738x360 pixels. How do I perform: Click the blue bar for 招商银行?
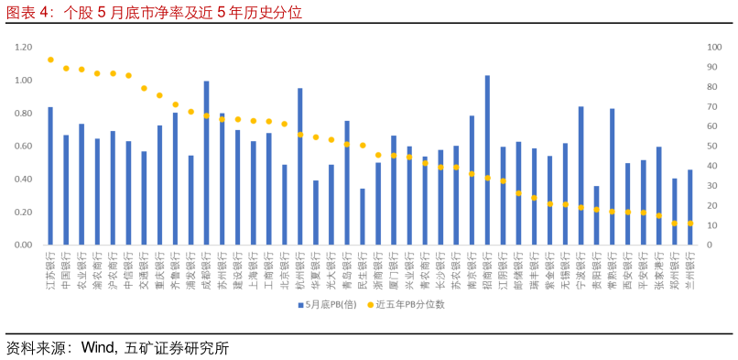(x=487, y=160)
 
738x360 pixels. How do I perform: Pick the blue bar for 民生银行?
(x=363, y=217)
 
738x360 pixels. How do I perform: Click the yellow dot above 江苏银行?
(x=50, y=60)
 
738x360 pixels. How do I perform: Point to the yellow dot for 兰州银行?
(x=689, y=224)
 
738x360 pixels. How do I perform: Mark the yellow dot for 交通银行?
(x=144, y=88)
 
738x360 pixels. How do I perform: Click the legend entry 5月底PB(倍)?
(x=326, y=304)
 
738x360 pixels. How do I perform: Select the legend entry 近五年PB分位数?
(x=408, y=304)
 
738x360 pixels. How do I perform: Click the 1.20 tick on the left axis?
(x=24, y=47)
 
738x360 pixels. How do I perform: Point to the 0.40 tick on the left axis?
(x=24, y=180)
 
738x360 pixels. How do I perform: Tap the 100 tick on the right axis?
(x=714, y=47)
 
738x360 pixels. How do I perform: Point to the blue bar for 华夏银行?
(x=316, y=213)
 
